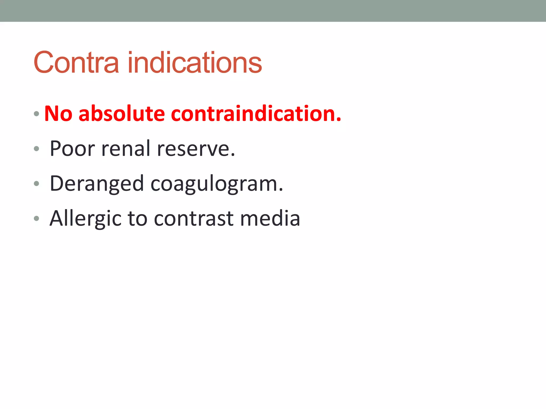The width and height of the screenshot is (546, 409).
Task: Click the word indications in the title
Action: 195,63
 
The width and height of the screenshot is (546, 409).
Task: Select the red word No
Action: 58,114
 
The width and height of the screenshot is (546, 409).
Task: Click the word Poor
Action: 72,149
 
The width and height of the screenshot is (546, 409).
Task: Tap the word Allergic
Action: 85,219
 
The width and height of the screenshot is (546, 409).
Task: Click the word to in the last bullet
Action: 138,219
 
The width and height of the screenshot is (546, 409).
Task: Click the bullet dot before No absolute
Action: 37,114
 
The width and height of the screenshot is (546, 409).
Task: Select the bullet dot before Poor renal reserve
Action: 37,149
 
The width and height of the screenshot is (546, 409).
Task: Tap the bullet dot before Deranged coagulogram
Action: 37,183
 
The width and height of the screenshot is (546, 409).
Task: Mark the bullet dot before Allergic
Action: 37,219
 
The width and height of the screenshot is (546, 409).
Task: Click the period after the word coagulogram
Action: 281,190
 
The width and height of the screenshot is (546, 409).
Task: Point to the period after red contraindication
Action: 339,120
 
